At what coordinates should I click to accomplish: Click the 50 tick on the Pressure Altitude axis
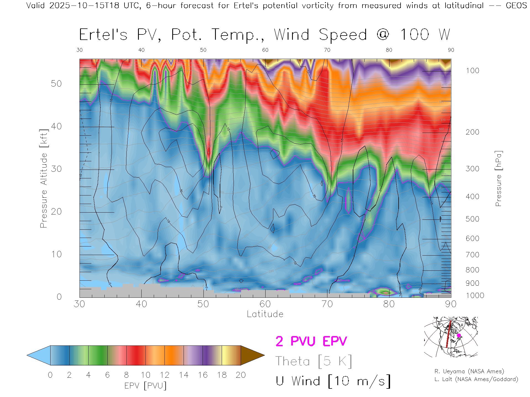[56, 84]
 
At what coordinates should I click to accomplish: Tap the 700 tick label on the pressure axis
[472, 255]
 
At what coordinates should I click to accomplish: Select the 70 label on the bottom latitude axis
[327, 304]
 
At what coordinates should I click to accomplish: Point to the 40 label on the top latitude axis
[141, 50]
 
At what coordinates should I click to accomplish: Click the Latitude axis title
[265, 314]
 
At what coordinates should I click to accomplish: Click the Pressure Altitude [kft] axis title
[44, 179]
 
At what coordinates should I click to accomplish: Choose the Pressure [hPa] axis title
[498, 179]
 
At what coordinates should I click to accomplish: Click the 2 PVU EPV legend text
[311, 341]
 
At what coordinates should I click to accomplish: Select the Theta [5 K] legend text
[314, 361]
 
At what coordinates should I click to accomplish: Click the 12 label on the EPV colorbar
[165, 375]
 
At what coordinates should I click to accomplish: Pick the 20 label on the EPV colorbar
[241, 375]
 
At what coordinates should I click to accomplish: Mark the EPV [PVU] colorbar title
[145, 386]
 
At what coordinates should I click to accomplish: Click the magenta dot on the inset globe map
[459, 336]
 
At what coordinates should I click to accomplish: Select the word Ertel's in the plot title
[103, 35]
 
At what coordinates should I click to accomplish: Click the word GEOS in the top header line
[516, 6]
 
